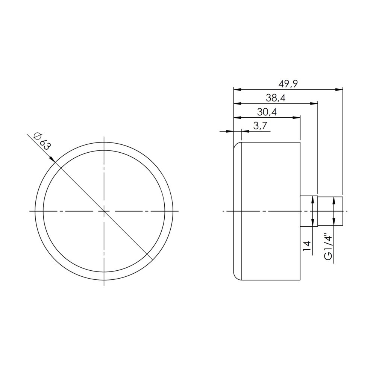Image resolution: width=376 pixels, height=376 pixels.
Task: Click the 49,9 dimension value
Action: [x=288, y=84]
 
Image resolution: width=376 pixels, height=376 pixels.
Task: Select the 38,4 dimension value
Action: [x=276, y=98]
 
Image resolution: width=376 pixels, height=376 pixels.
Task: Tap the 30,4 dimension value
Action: [x=267, y=112]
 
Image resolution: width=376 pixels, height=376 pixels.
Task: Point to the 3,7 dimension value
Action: [x=260, y=126]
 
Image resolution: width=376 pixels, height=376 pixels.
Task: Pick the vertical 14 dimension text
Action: [x=307, y=246]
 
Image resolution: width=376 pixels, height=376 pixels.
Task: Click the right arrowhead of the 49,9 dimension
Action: [x=339, y=90]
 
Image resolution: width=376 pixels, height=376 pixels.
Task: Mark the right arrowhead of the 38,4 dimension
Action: [x=314, y=104]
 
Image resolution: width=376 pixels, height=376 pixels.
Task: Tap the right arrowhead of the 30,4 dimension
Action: [x=296, y=117]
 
